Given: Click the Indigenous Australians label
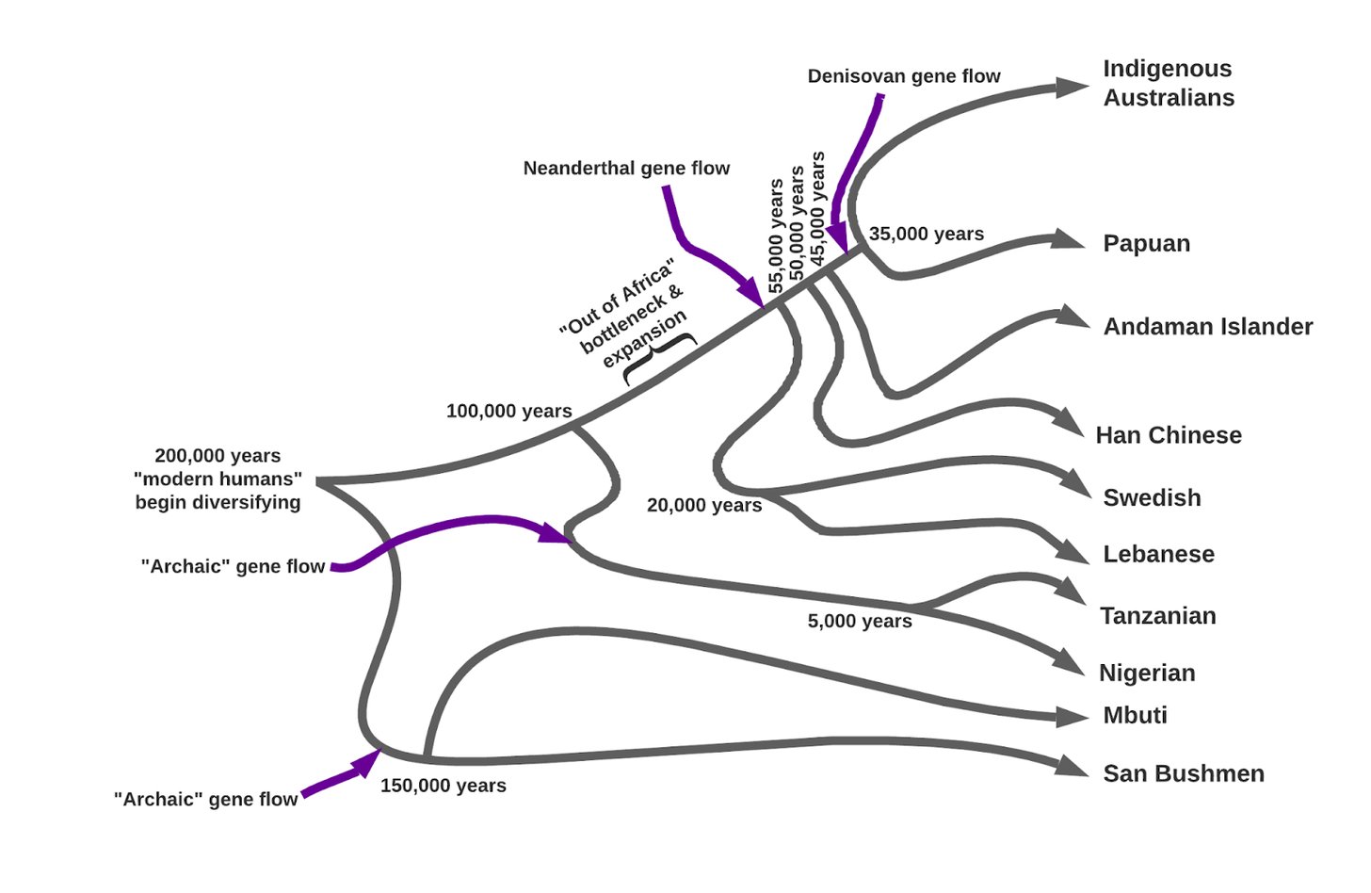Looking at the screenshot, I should coord(1169,83).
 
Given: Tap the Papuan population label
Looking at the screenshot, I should coord(1146,244).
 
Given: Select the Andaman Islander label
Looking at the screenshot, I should coord(1207,327).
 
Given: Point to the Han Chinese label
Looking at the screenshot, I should coord(1168,435).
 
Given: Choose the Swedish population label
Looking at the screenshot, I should coord(1152,498).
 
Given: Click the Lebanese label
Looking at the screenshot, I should coord(1158,555).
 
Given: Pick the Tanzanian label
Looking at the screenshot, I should coord(1157,616).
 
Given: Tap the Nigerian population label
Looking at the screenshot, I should coord(1147,674).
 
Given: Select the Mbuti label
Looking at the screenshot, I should coord(1135,716).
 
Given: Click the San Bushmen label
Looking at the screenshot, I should coord(1183,774).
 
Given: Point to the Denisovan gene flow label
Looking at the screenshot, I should coord(903,76).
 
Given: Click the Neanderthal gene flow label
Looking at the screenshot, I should coord(626,169).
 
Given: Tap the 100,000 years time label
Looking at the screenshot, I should coord(508,412).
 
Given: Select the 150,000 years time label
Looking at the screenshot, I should coord(443,786).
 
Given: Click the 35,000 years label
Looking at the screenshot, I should coord(926,235).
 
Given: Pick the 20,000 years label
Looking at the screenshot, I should coord(703,506).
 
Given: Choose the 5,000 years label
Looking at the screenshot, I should coord(859,622).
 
